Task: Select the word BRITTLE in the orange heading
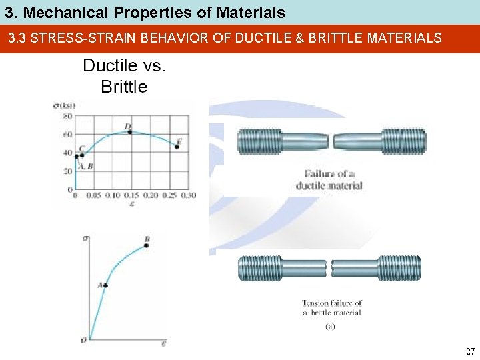click(347, 38)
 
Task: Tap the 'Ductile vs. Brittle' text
click(124, 76)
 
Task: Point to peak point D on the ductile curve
click(129, 131)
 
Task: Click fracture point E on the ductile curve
click(177, 147)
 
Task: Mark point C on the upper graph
click(81, 155)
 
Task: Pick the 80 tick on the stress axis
click(67, 116)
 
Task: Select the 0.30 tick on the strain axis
click(189, 195)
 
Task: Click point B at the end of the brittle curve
click(146, 245)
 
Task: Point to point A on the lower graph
click(105, 285)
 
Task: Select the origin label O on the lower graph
click(84, 340)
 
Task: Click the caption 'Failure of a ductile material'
click(329, 180)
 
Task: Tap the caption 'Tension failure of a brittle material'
click(331, 307)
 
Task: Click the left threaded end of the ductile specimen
click(259, 141)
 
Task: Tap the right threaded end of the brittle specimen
click(400, 268)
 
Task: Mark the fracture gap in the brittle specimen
click(329, 269)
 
